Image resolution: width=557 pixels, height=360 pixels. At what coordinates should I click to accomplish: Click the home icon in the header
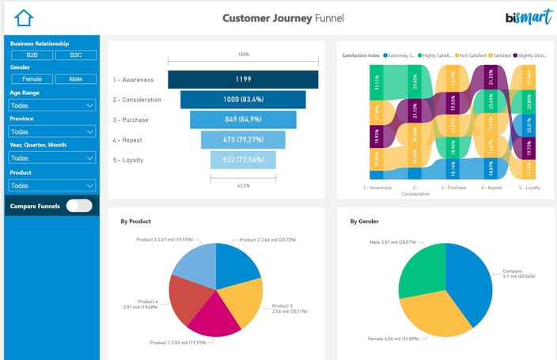point(25,17)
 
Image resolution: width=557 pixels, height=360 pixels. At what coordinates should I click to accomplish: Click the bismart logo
point(523,17)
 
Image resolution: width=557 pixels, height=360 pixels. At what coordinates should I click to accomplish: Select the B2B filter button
point(32,55)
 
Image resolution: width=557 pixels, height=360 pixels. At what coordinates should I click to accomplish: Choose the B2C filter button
point(75,55)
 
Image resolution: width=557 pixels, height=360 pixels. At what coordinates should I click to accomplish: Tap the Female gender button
point(32,78)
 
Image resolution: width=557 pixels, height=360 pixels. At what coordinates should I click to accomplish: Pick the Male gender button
point(75,78)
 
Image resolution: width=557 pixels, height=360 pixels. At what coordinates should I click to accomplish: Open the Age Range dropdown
point(53,105)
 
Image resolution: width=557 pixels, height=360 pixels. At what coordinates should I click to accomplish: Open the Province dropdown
point(53,132)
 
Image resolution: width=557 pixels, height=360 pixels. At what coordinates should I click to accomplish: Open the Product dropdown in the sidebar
point(53,185)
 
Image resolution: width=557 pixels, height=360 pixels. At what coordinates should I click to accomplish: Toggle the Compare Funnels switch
point(78,206)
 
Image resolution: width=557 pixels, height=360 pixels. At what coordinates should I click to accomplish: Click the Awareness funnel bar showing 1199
point(243,80)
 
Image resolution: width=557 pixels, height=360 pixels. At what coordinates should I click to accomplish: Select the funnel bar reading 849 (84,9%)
point(243,119)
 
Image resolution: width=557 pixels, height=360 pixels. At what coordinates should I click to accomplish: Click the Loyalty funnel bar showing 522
point(243,160)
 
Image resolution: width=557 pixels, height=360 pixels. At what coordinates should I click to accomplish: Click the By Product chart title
point(135,222)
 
